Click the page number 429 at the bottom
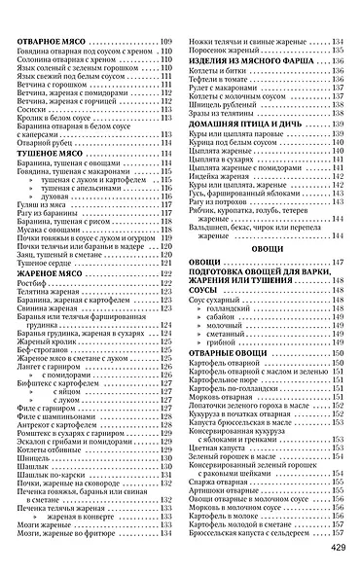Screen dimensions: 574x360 (x=336, y=547)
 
